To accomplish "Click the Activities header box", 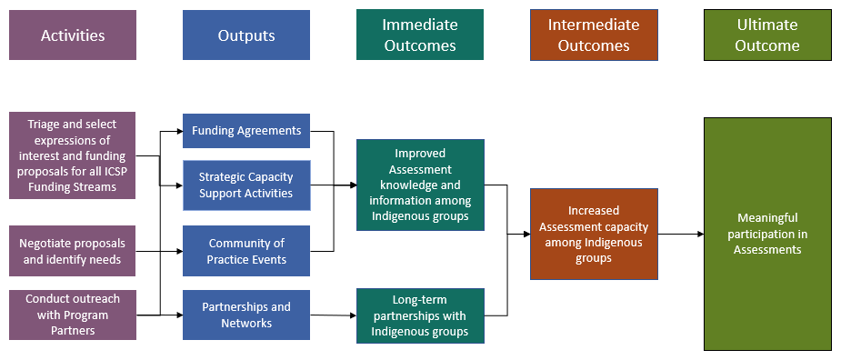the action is pyautogui.click(x=73, y=35).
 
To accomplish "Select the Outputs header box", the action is pyautogui.click(x=246, y=35).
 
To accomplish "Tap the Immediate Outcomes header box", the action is pyautogui.click(x=420, y=35).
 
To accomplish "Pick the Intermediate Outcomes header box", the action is pyautogui.click(x=594, y=35).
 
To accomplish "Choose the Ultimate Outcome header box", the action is pyautogui.click(x=767, y=35).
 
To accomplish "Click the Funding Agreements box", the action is pyautogui.click(x=246, y=130).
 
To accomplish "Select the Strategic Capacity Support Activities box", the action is pyautogui.click(x=246, y=185).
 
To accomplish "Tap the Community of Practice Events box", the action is pyautogui.click(x=246, y=251).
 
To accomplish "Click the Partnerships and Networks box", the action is pyautogui.click(x=246, y=315).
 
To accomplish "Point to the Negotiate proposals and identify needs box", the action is pyautogui.click(x=73, y=251).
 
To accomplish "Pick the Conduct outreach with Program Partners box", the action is pyautogui.click(x=73, y=315).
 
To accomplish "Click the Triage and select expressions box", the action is pyautogui.click(x=73, y=155).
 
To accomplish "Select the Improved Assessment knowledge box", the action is pyautogui.click(x=420, y=185).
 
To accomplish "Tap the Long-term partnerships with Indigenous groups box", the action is pyautogui.click(x=420, y=315).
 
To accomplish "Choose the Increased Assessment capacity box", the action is pyautogui.click(x=594, y=234).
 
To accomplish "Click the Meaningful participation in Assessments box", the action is pyautogui.click(x=767, y=234).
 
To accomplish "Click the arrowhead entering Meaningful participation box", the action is pyautogui.click(x=700, y=234).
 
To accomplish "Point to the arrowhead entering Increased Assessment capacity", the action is pyautogui.click(x=526, y=234).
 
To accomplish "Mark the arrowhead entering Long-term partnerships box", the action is pyautogui.click(x=354, y=315).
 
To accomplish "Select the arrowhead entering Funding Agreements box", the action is pyautogui.click(x=180, y=130).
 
